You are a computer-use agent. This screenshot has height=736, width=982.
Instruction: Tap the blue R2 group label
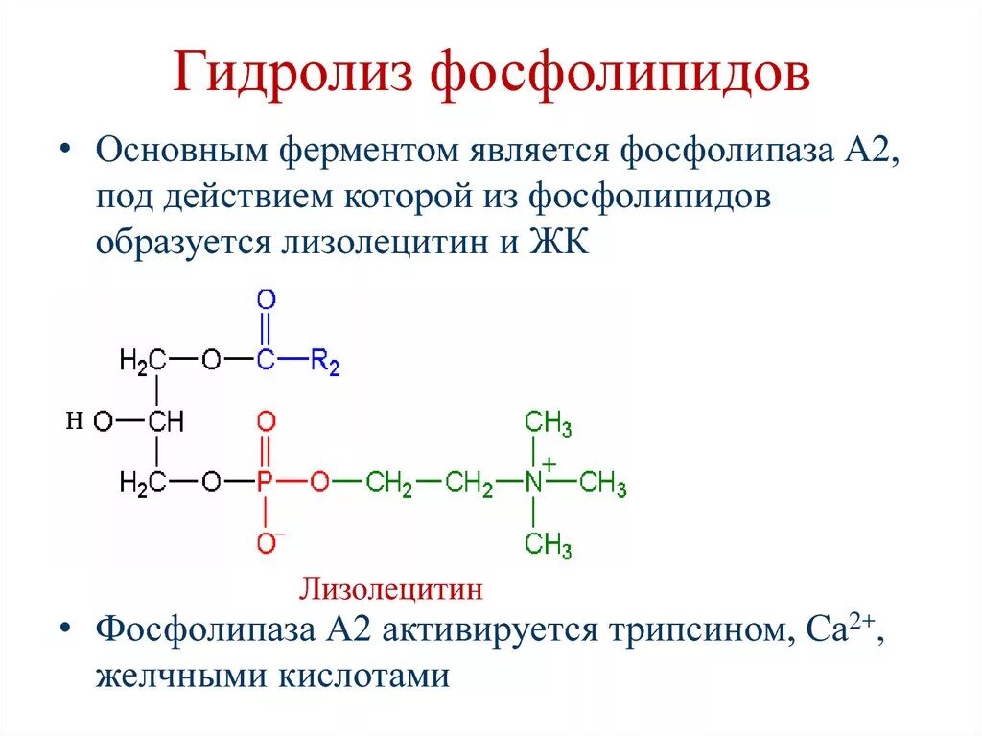[x=326, y=363]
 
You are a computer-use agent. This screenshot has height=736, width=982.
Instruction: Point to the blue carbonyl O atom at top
[x=266, y=298]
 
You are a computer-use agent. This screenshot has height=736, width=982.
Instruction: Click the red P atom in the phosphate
[x=266, y=483]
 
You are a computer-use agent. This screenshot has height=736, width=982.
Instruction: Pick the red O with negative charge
[x=267, y=542]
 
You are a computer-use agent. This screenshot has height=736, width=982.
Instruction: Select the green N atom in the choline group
[x=534, y=483]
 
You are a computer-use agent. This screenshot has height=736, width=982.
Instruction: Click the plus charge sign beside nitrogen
[x=549, y=461]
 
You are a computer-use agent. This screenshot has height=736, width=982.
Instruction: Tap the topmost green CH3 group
[x=548, y=423]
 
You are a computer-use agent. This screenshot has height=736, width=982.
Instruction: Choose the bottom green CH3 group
[x=548, y=545]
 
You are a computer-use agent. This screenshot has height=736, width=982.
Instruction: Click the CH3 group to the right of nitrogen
[x=603, y=483]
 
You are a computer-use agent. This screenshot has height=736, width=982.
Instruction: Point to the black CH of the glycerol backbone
[x=165, y=422]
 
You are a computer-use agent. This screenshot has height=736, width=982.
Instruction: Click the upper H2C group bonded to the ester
[x=143, y=362]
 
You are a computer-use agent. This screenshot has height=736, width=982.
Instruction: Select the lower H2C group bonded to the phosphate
[x=143, y=483]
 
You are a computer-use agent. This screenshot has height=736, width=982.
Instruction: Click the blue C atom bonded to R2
[x=266, y=362]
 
